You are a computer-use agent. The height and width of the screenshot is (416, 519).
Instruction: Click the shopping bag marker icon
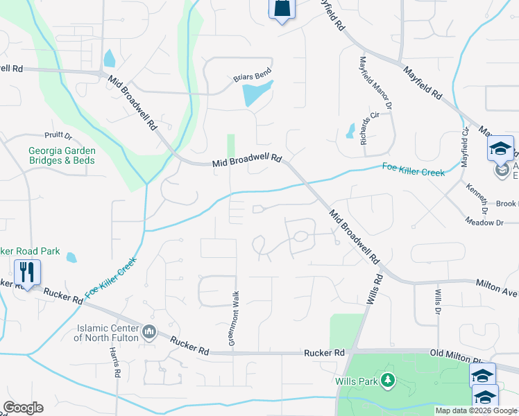[x=281, y=10]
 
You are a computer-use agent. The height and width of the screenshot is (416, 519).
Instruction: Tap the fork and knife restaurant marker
[x=27, y=272]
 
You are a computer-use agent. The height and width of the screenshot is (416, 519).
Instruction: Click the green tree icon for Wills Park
[x=387, y=380]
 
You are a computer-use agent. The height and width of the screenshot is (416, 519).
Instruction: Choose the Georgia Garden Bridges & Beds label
[x=62, y=155]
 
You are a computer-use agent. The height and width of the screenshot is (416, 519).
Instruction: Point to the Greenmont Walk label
[x=235, y=320]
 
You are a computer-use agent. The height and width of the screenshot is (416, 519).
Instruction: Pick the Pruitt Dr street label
[x=58, y=135]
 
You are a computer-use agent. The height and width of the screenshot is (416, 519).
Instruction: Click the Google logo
[x=23, y=408]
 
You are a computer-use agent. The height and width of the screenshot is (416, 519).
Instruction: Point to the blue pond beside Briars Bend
[x=256, y=93]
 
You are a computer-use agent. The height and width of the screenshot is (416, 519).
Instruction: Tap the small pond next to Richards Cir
[x=351, y=130]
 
